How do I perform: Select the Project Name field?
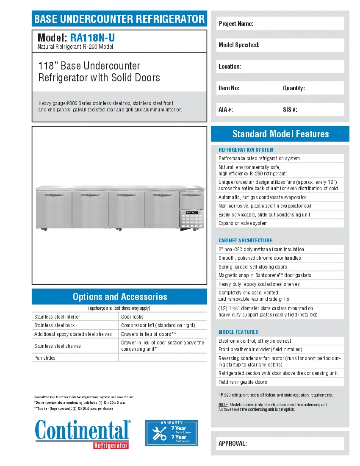coord(280,24)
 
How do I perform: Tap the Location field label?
coord(230,67)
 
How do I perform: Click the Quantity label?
coord(294,88)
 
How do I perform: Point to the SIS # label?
coord(290,110)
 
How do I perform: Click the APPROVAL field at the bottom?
coord(280,444)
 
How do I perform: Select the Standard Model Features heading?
coord(280,134)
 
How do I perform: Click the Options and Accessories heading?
coord(119,297)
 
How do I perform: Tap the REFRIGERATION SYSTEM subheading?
coord(246,150)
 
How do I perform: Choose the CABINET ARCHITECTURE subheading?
coord(245,240)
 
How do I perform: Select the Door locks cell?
coord(132,316)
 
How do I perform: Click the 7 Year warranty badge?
coord(172,433)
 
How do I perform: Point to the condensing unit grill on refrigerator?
coord(191,220)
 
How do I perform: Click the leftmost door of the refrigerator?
coord(54,210)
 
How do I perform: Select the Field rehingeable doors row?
coord(243,382)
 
